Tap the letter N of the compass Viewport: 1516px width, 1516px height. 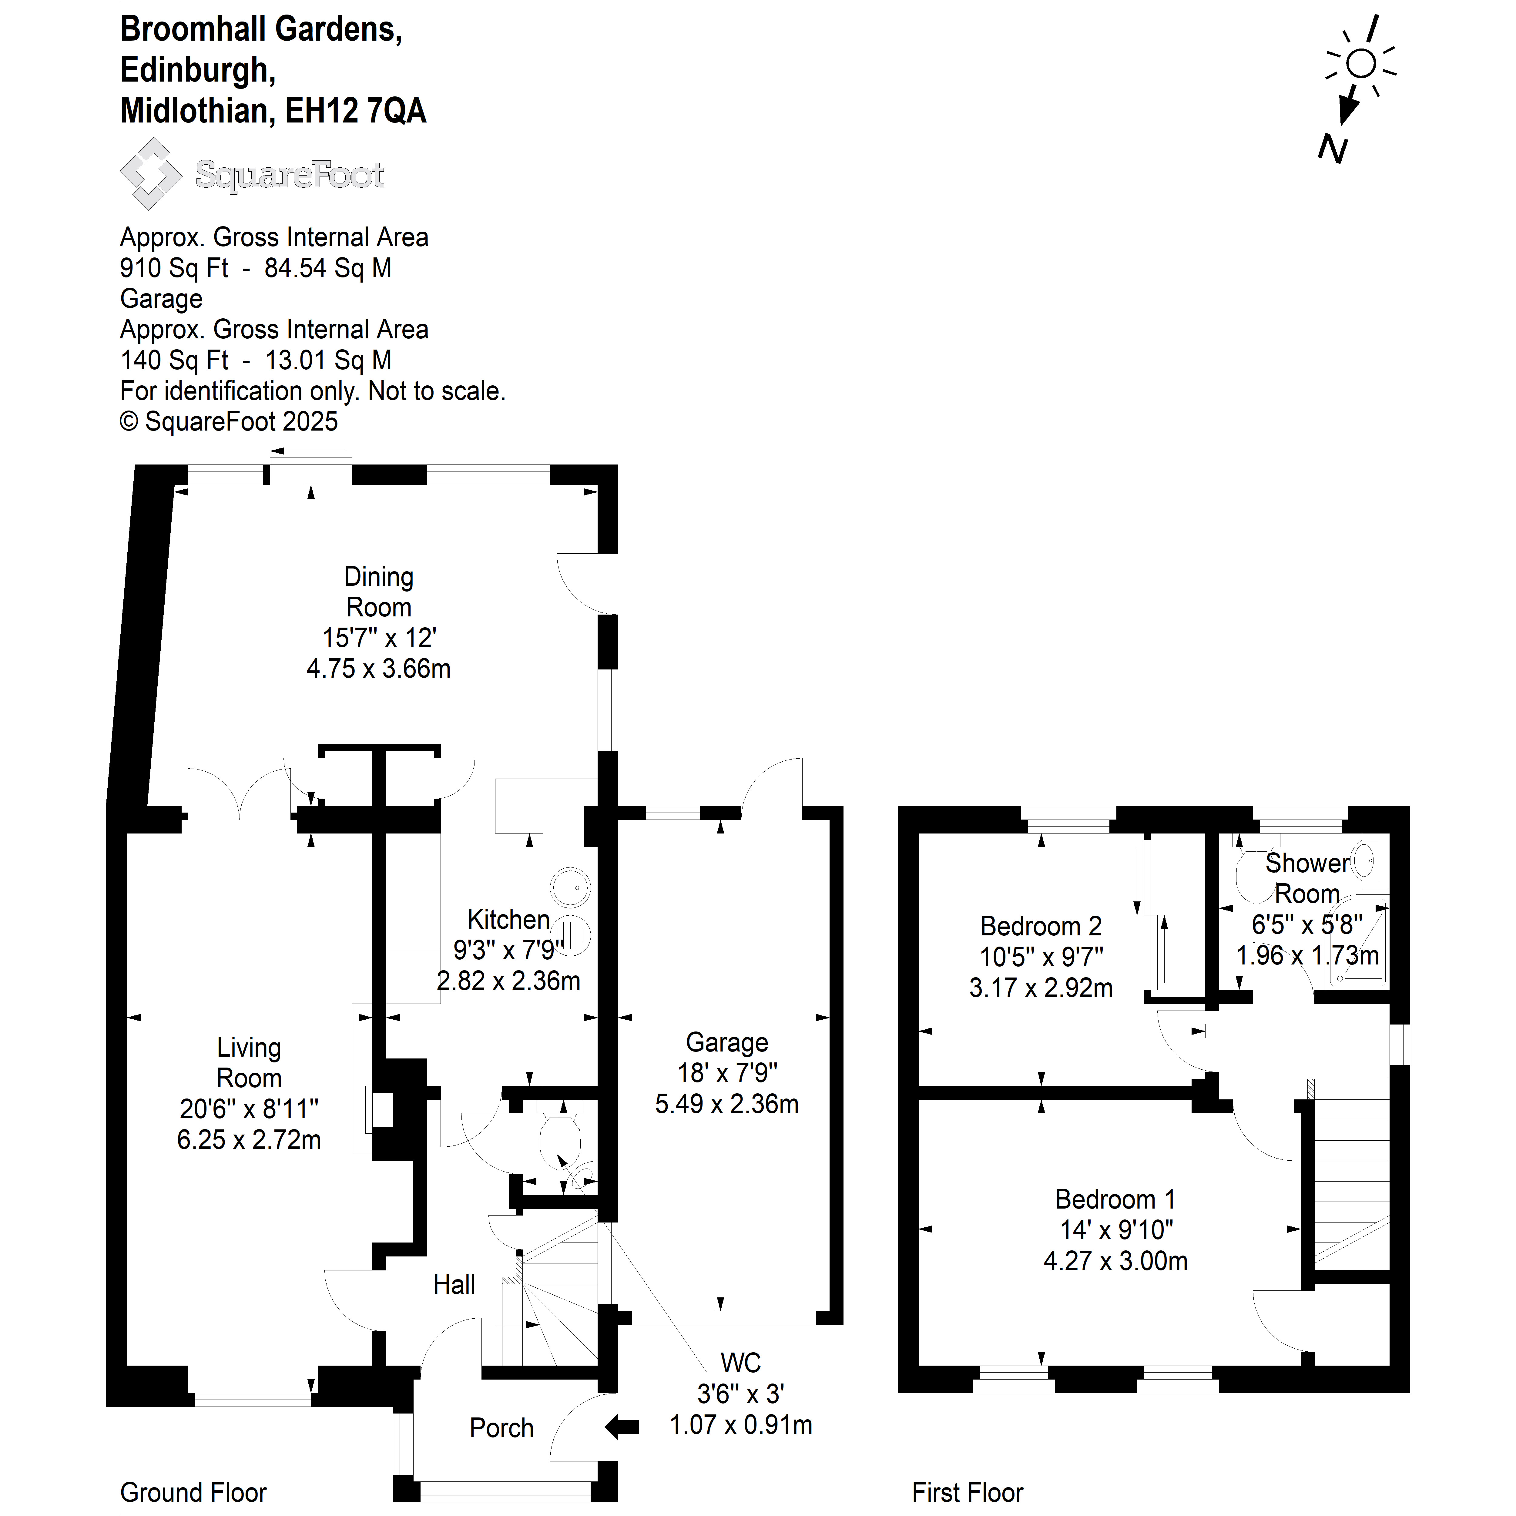click(x=1332, y=148)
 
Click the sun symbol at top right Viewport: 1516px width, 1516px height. click(x=1361, y=63)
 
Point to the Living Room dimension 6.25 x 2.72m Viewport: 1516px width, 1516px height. click(x=249, y=1139)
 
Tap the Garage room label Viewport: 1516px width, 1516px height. click(x=726, y=1042)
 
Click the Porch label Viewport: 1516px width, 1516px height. click(x=501, y=1428)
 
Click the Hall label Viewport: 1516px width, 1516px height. click(x=454, y=1285)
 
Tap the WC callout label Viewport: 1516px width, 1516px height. click(x=741, y=1363)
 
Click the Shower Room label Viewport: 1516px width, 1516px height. click(x=1307, y=878)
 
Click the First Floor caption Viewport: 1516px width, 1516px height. click(x=968, y=1492)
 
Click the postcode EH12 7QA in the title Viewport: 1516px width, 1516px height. click(x=355, y=111)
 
